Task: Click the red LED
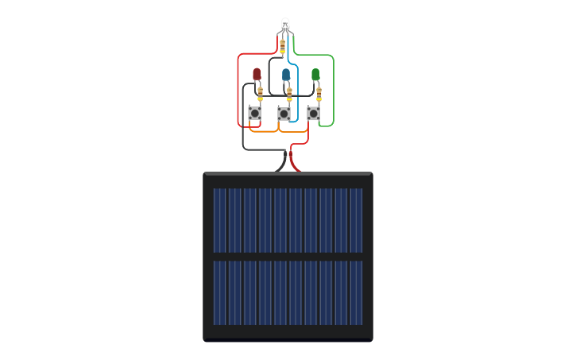point(257,74)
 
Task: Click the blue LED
point(286,74)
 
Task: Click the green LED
point(315,74)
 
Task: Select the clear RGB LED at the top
point(285,24)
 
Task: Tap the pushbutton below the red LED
point(255,114)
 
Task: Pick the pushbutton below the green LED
point(314,114)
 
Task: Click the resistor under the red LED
point(260,94)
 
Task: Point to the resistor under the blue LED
point(289,94)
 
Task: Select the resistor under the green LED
point(319,94)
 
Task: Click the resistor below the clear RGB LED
point(282,46)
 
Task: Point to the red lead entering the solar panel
point(295,164)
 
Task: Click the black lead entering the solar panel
point(280,164)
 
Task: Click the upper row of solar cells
point(288,220)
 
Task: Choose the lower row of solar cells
point(288,292)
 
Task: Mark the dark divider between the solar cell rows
point(288,257)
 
